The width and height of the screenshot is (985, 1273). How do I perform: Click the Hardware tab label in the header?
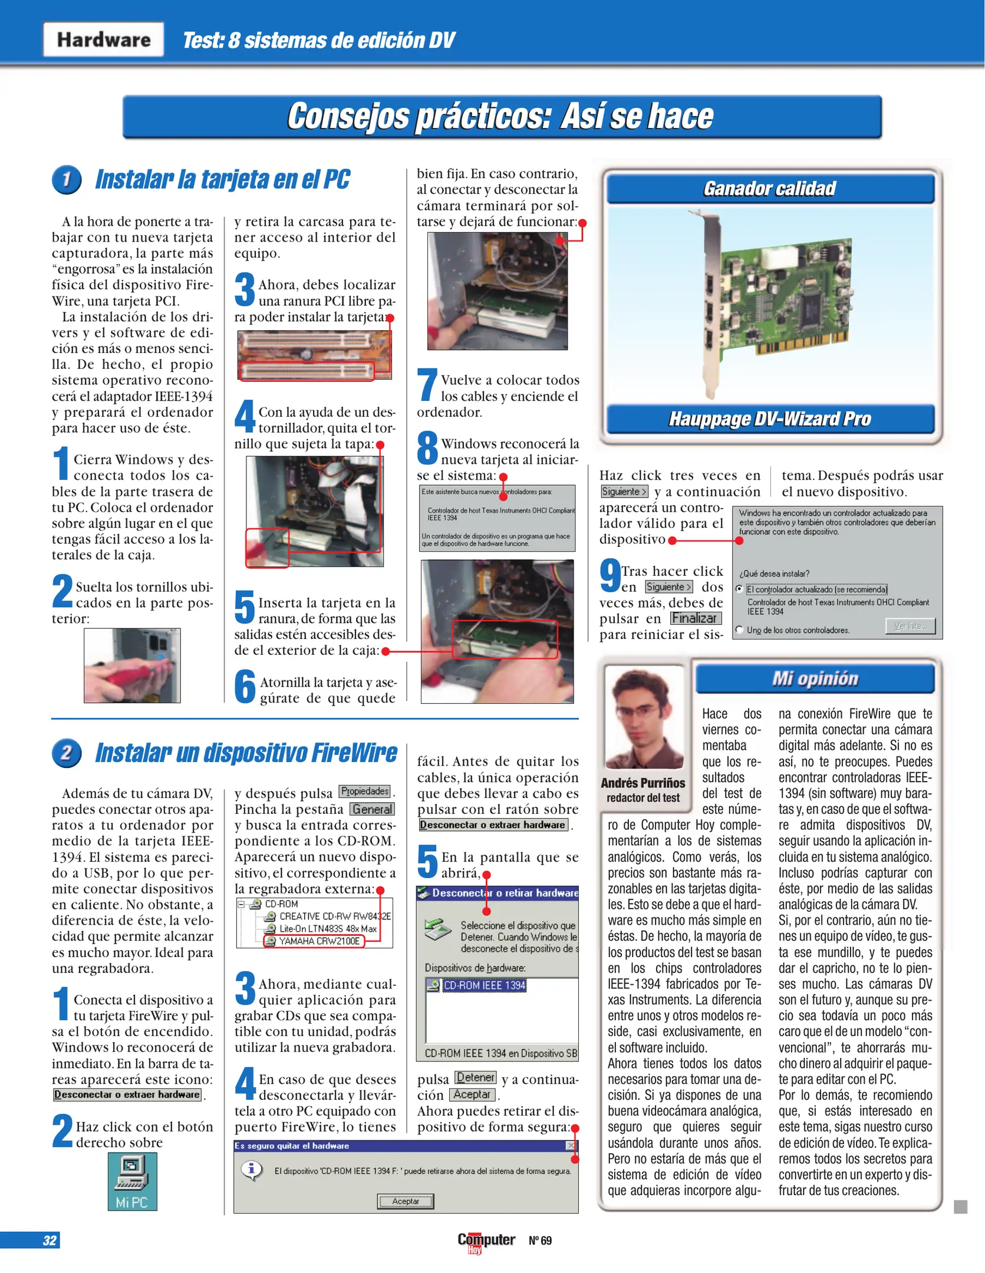[x=104, y=39]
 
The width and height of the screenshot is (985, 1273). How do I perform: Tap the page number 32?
[x=50, y=1240]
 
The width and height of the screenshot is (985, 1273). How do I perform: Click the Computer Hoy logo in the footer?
[x=486, y=1241]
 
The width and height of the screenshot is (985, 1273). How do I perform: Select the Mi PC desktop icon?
[x=132, y=1181]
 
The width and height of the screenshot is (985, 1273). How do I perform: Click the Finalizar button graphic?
[x=695, y=618]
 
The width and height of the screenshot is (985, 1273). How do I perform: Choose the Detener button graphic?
[x=475, y=1077]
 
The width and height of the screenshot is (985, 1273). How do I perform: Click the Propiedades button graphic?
[x=365, y=791]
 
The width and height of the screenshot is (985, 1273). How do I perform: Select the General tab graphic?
[x=372, y=809]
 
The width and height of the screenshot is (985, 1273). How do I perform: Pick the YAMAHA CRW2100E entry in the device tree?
[x=318, y=941]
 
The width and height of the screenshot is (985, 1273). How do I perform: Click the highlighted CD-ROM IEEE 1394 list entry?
[x=484, y=985]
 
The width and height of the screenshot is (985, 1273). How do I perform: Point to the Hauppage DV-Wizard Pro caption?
[x=770, y=419]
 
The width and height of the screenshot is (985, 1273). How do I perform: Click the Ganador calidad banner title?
[x=770, y=189]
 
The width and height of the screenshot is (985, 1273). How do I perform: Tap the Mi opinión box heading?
[x=815, y=679]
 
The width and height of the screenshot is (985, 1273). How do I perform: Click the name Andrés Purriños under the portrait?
[x=643, y=783]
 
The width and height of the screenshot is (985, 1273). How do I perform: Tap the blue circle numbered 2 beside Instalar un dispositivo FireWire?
[x=67, y=753]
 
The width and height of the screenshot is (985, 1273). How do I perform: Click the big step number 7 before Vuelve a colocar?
[x=427, y=385]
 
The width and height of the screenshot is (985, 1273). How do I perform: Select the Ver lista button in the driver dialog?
[x=910, y=626]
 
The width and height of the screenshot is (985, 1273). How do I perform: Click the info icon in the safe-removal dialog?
[x=252, y=1169]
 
